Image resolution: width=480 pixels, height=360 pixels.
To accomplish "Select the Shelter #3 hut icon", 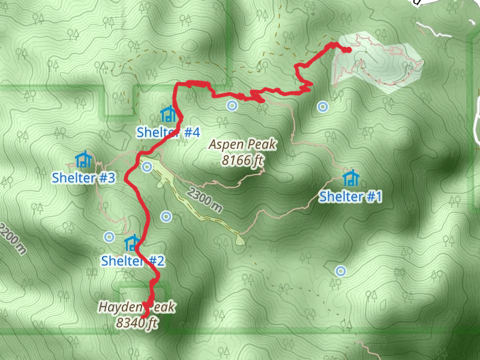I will pos(83,159).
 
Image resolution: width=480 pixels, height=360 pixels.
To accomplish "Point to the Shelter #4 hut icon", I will pos(168,113).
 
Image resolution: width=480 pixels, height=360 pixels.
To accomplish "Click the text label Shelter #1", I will pos(350,196).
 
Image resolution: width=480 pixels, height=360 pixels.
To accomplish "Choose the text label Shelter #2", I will pos(133,261).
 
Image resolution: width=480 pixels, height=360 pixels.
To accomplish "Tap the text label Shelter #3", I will pos(83,178).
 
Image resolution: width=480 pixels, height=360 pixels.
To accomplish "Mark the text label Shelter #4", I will pos(168,132).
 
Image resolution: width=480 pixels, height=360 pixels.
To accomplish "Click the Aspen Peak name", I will pos(242,145).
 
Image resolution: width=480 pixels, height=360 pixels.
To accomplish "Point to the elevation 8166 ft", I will pos(242,160).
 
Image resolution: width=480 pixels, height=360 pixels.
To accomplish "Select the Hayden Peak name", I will pos(137,308).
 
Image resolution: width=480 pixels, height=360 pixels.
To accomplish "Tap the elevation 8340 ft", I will pos(137,323).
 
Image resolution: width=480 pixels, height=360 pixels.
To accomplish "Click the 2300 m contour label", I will pos(205,200).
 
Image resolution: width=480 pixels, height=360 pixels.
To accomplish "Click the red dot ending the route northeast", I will pos(347,50).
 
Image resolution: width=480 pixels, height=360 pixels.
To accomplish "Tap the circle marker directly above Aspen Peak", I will pos(232,106).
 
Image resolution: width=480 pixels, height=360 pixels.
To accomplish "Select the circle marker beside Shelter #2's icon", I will pos(109,237).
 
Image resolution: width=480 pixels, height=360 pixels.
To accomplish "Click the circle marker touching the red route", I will pos(146,167).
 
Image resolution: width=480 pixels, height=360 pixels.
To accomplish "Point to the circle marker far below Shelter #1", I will pos(341,271).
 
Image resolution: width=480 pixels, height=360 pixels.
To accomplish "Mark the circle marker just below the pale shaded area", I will pos(323,107).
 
